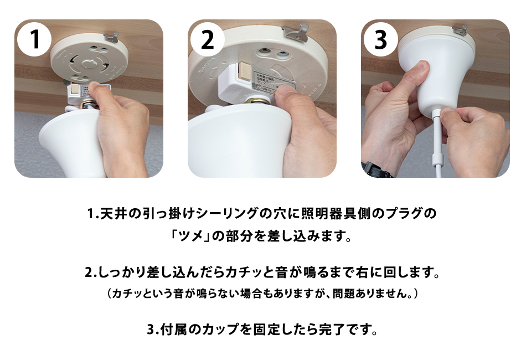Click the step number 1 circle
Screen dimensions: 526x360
tap(35, 39)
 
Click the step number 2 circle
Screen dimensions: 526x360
tap(208, 39)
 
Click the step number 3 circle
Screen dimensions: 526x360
tap(381, 39)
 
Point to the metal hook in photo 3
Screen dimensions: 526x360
tap(460, 30)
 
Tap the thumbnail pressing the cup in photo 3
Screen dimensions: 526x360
tap(424, 68)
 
